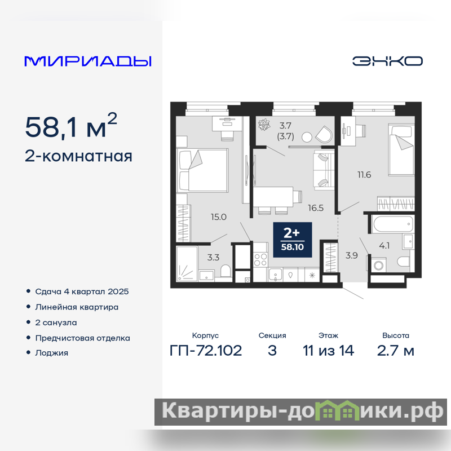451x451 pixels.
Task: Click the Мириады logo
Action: tap(88, 61)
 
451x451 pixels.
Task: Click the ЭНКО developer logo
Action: tap(387, 61)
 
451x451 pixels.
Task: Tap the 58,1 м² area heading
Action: tap(71, 126)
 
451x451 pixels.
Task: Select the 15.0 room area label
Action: tap(219, 217)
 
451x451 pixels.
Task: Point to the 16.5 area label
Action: tap(316, 207)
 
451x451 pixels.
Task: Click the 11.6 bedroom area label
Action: tap(364, 175)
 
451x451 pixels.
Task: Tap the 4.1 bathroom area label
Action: tap(384, 246)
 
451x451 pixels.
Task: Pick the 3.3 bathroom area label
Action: tap(213, 258)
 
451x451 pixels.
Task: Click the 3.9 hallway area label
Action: tap(351, 255)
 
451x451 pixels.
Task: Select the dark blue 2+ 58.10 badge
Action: tap(292, 240)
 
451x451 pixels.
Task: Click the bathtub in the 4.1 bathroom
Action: tap(392, 224)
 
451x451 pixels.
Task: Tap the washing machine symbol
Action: tap(378, 265)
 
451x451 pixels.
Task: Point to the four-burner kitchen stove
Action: tap(260, 259)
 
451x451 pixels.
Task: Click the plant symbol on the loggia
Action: tap(264, 125)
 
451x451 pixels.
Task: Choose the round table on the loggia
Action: tap(307, 137)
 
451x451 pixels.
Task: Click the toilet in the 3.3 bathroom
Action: tap(225, 272)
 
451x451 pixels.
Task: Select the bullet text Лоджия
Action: tap(52, 353)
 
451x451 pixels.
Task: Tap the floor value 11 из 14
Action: tap(328, 351)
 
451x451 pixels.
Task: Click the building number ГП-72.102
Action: tap(206, 351)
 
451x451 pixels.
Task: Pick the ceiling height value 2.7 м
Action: tap(396, 351)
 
